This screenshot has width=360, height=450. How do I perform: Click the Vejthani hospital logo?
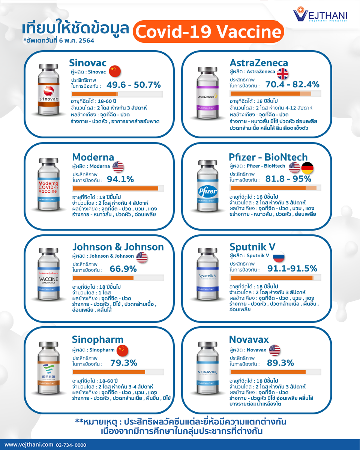click(x=320, y=15)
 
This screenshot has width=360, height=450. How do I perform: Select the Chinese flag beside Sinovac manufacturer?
click(x=115, y=71)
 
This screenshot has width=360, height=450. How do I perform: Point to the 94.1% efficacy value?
click(x=120, y=179)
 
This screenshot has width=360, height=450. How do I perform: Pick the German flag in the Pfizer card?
click(x=307, y=168)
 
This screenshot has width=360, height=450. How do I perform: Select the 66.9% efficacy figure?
click(x=123, y=269)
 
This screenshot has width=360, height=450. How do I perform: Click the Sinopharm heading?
click(x=97, y=339)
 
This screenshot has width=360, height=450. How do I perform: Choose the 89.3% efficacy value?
click(x=280, y=363)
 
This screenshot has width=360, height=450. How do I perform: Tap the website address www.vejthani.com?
click(x=28, y=445)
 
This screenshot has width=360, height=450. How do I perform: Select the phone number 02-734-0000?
click(x=71, y=445)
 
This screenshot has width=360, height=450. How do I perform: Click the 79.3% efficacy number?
click(x=123, y=363)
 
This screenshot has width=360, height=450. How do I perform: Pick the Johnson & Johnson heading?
click(x=118, y=247)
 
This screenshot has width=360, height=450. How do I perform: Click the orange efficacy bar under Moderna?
click(x=115, y=189)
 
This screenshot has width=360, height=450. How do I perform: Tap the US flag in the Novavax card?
click(x=274, y=350)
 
